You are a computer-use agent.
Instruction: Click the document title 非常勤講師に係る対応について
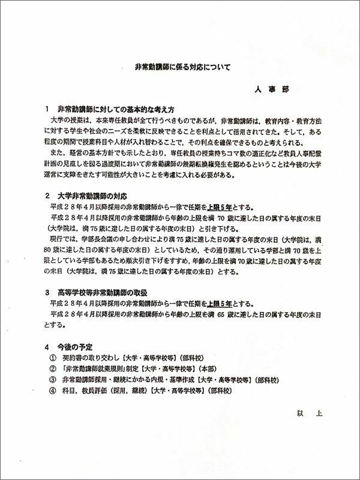coord(181,69)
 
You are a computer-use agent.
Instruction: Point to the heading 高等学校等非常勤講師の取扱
coord(107,292)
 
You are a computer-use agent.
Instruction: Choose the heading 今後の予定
coord(74,347)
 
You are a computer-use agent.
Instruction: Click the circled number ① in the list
coord(53,358)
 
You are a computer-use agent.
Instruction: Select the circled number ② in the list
coord(53,369)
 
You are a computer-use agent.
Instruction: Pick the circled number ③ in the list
coord(53,380)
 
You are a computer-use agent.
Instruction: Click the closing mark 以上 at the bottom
coord(305,413)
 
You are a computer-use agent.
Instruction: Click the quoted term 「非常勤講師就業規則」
coord(97,369)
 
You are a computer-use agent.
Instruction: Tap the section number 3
coord(47,292)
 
